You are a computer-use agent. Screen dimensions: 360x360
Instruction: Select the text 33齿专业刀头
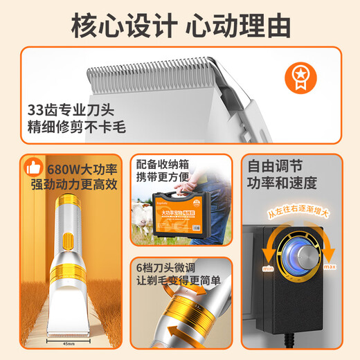tap(63, 109)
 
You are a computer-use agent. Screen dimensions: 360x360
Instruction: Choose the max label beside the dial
tap(329, 267)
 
